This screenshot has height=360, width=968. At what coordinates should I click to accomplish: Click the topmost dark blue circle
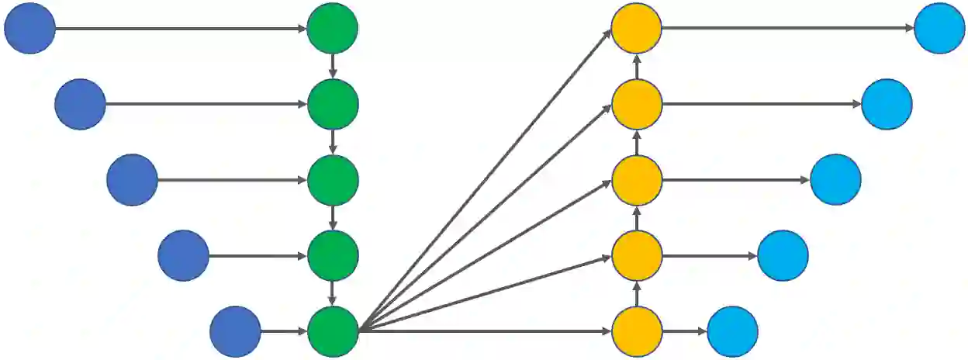[29, 29]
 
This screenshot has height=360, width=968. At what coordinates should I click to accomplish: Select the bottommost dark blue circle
[235, 331]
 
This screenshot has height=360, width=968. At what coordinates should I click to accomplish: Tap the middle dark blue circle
[132, 180]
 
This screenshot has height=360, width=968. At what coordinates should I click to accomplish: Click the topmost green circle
[332, 29]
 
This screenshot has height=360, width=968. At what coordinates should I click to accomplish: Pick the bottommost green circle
[332, 331]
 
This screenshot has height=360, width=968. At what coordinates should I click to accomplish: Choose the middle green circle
[332, 180]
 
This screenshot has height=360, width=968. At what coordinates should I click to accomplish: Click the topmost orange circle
[636, 29]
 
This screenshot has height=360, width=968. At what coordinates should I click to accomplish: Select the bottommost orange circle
[636, 331]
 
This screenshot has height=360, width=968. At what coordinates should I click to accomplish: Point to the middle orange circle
[636, 180]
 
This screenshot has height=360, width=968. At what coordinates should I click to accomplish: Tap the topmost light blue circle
[939, 29]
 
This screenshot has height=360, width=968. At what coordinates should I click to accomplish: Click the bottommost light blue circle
[732, 331]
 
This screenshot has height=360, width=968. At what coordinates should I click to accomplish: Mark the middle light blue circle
[835, 180]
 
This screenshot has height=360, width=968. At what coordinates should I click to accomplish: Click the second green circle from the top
[332, 104]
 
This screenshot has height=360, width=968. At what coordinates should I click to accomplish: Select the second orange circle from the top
[636, 104]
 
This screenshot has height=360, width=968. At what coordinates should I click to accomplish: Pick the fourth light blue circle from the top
[783, 255]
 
